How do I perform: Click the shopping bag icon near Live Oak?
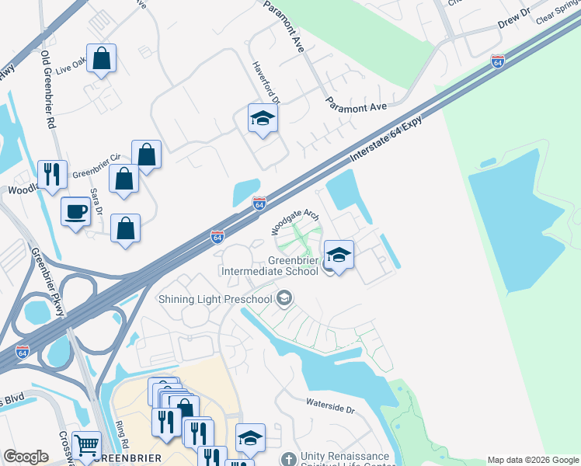(x=102, y=58)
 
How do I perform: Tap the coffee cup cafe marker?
(x=76, y=211)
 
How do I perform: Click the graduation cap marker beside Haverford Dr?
(x=263, y=119)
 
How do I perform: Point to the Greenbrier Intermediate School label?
(x=270, y=266)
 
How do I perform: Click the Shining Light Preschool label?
(x=216, y=299)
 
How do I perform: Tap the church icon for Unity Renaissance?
(x=289, y=459)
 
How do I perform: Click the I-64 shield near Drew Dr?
(x=498, y=60)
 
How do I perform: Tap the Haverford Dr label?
(x=264, y=82)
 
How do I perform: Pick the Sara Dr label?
(x=96, y=201)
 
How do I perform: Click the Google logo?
(x=26, y=457)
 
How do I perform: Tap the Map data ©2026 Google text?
(x=533, y=460)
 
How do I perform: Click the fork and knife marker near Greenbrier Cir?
(x=52, y=175)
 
